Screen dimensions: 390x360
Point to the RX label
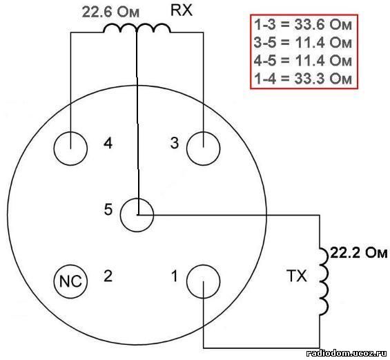click(x=182, y=10)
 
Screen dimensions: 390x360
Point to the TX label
click(x=297, y=276)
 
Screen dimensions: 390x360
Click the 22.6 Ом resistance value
click(x=110, y=12)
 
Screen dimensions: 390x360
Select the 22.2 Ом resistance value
click(x=359, y=253)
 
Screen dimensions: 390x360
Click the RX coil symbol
click(x=137, y=25)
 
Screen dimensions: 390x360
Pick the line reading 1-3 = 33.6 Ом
click(x=303, y=25)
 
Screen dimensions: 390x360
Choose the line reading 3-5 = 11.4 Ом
click(x=303, y=43)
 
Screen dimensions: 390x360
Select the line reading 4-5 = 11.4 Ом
click(x=303, y=61)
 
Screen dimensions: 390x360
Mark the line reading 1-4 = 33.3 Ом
click(x=303, y=78)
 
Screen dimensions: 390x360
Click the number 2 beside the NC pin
click(x=108, y=276)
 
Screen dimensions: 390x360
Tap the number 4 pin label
click(x=108, y=143)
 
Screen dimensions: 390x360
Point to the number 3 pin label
click(x=175, y=143)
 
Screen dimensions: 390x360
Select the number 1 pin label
click(x=175, y=276)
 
